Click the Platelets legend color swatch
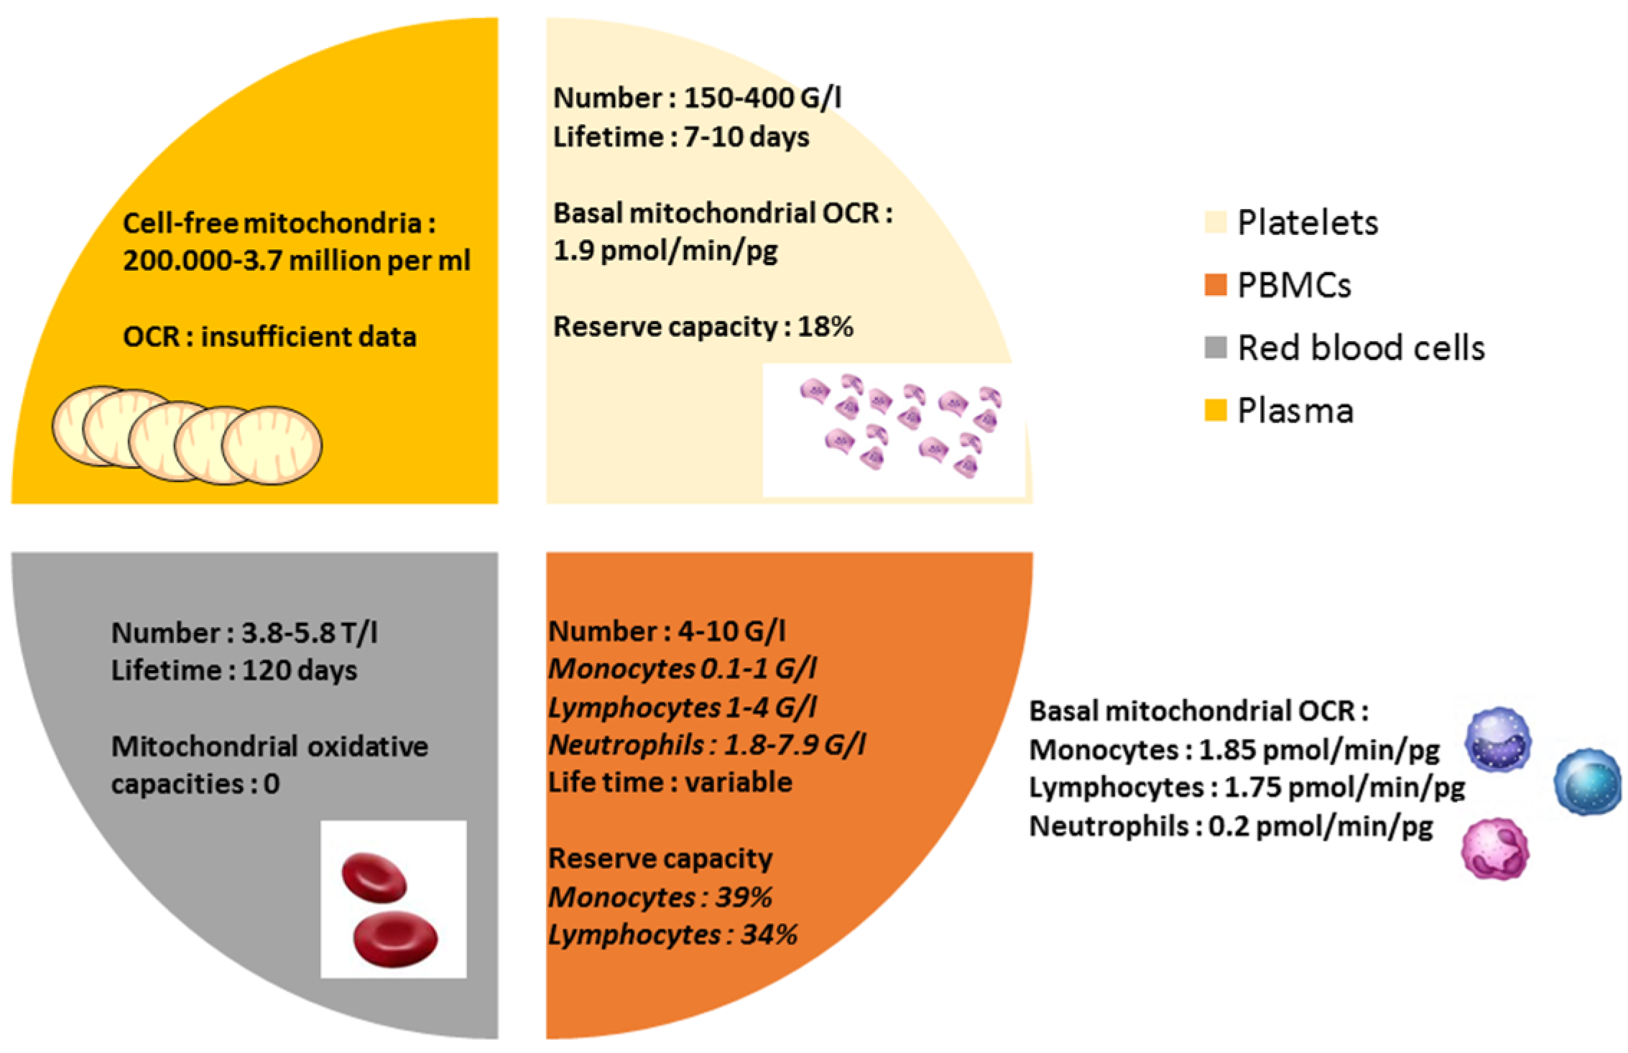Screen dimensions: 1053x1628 1215,223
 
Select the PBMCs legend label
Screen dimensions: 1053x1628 1294,285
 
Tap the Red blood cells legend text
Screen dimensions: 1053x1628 1361,348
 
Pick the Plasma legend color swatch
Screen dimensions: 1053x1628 1215,410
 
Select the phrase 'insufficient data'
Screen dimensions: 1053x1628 308,337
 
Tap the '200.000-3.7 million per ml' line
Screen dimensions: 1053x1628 296,260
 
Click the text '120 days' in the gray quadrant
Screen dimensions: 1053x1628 299,670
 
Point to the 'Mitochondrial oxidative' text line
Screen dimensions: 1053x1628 269,746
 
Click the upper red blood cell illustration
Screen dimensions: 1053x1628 374,877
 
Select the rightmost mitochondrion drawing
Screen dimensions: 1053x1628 272,445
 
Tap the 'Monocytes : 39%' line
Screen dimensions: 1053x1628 660,897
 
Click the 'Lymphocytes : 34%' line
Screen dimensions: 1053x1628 672,934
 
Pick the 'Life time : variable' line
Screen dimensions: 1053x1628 670,781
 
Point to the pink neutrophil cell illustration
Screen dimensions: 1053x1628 1495,848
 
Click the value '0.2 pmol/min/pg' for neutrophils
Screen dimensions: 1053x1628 1321,826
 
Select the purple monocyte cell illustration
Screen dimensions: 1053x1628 1498,740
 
